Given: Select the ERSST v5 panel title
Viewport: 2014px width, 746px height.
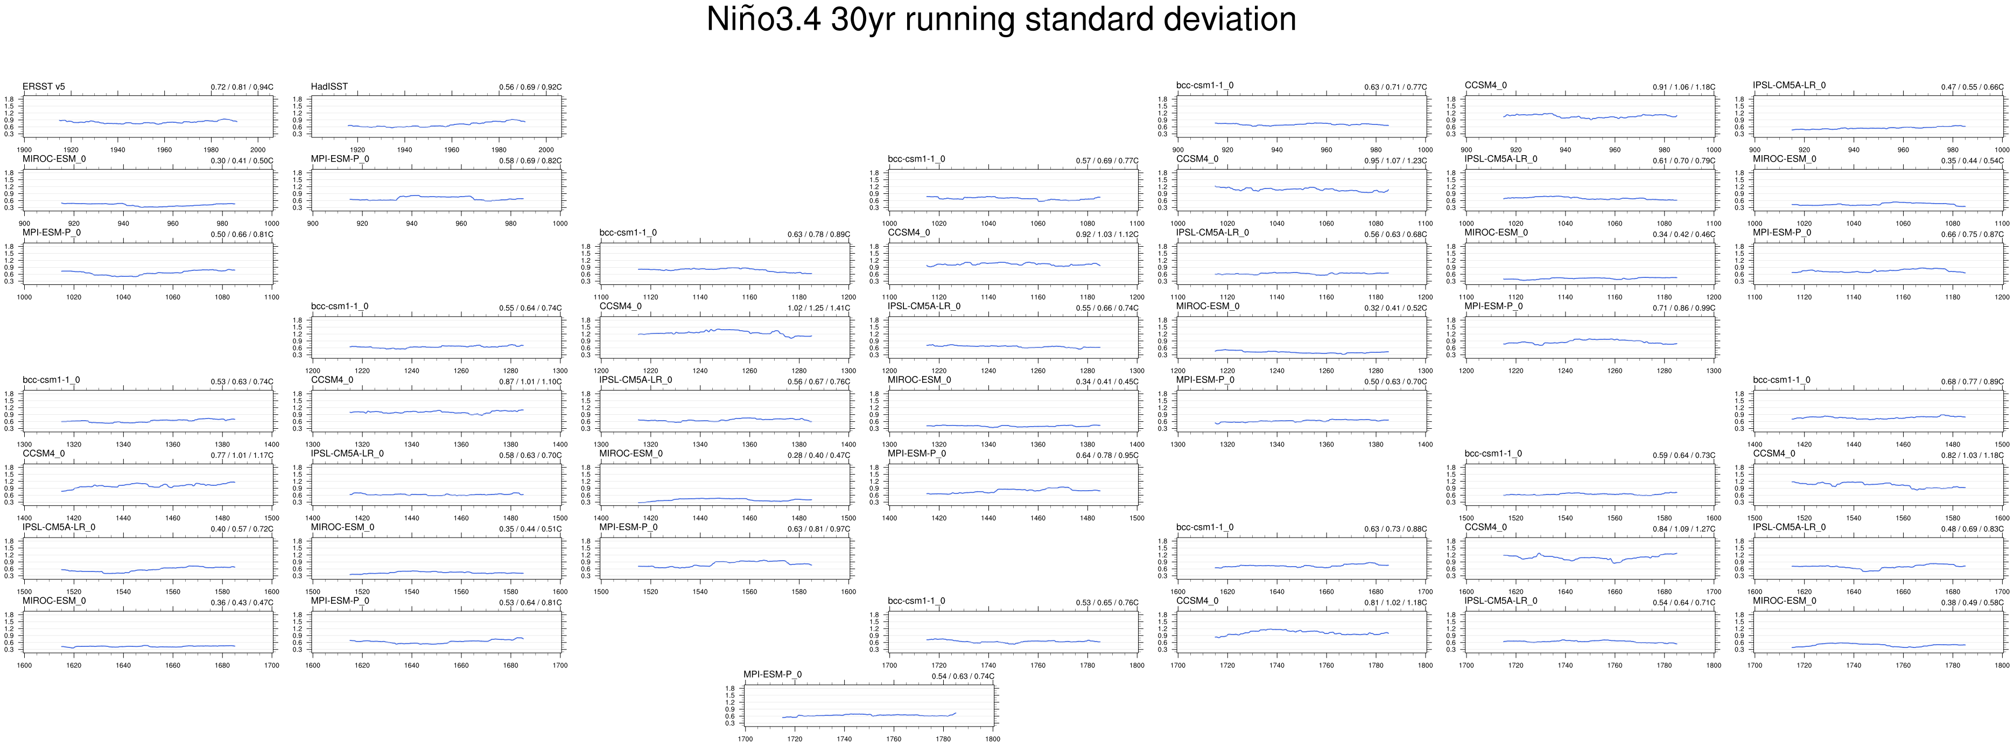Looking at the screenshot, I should pyautogui.click(x=44, y=86).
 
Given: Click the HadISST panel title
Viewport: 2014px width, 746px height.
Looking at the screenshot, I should pyautogui.click(x=329, y=86).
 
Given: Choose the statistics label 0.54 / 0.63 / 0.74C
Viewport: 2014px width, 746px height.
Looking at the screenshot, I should pyautogui.click(x=963, y=677).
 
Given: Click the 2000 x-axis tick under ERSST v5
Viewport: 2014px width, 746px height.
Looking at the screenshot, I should pyautogui.click(x=258, y=149).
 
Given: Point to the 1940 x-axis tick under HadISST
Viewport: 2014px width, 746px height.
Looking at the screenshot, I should pyautogui.click(x=404, y=149).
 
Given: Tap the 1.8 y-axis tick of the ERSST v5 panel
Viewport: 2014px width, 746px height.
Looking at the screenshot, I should pyautogui.click(x=9, y=99).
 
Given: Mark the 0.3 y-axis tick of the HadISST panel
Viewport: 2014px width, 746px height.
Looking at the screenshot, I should pyautogui.click(x=297, y=134).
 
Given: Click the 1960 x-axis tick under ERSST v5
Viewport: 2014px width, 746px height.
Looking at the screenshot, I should pyautogui.click(x=164, y=149).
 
